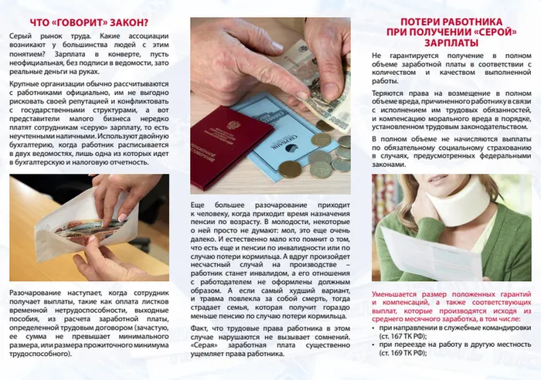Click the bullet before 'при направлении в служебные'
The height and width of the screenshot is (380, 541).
[x=375, y=327]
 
